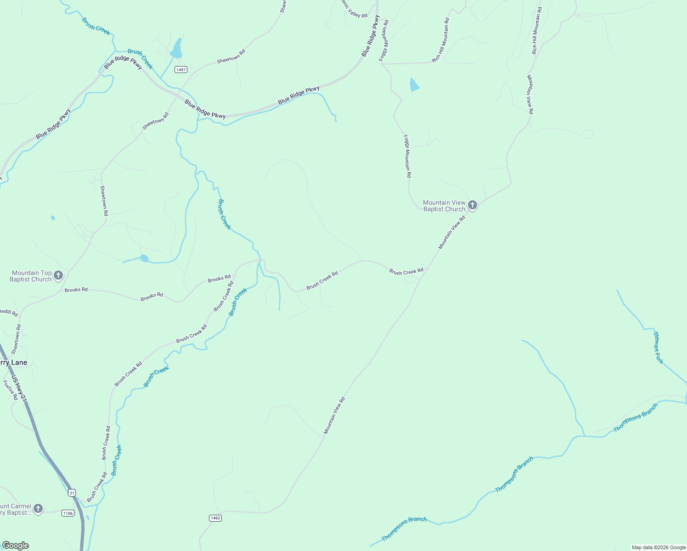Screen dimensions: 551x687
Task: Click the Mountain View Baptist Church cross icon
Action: [x=473, y=206]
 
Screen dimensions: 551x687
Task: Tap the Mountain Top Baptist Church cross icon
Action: [x=58, y=275]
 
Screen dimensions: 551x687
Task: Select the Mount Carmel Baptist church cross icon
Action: [x=38, y=509]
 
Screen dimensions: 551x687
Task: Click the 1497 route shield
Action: [x=181, y=70]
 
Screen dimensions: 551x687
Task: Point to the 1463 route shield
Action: [x=215, y=518]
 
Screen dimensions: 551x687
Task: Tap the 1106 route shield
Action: [x=68, y=513]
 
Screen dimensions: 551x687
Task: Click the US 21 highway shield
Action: [x=72, y=493]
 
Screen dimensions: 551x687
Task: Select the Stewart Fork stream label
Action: [x=659, y=348]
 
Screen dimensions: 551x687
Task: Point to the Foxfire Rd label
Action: [x=10, y=390]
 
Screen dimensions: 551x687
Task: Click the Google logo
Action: [x=16, y=545]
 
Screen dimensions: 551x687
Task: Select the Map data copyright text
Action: [x=659, y=547]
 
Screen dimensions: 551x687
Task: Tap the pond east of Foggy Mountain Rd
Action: [x=414, y=85]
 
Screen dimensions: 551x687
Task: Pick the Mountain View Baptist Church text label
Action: [x=444, y=206]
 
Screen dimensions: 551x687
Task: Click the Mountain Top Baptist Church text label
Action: [x=31, y=276]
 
